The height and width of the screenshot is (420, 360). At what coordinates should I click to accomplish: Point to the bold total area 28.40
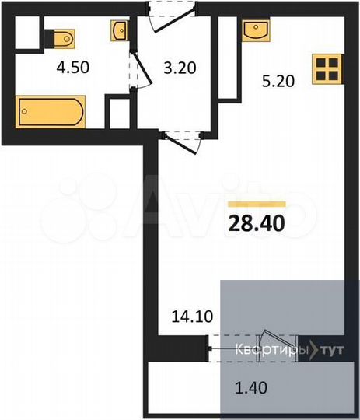257,224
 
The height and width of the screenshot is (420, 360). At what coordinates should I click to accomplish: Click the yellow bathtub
51,112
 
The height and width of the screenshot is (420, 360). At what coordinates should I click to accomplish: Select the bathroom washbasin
121,31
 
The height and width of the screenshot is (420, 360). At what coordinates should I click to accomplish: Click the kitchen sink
255,30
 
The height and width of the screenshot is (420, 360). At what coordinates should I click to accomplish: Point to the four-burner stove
327,69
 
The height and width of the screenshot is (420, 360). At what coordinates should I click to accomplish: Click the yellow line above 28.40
257,204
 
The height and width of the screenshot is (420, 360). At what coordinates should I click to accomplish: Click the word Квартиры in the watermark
271,350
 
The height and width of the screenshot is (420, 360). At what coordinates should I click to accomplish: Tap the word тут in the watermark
329,350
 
